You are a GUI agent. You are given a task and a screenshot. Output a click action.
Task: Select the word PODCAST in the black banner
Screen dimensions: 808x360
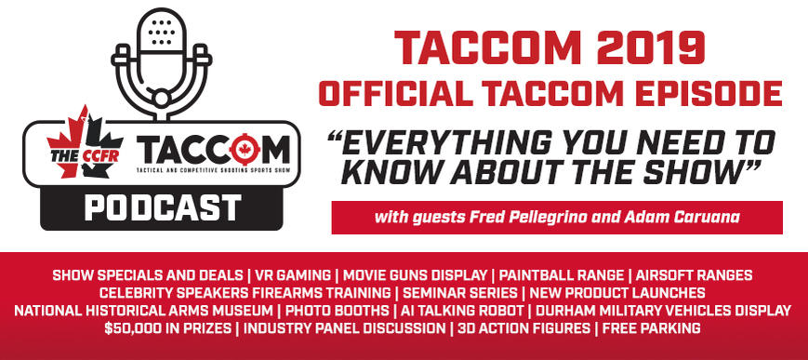click(163, 208)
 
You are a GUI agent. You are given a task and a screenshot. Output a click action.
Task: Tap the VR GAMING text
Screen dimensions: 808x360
click(293, 275)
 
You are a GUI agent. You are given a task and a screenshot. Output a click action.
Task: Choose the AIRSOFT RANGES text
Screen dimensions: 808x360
click(695, 275)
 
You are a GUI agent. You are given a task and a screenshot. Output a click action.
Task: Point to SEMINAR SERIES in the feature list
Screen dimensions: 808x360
click(460, 293)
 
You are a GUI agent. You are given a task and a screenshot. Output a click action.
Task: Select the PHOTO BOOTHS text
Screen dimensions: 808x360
click(337, 311)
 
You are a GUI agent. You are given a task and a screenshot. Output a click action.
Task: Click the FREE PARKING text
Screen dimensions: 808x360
click(652, 328)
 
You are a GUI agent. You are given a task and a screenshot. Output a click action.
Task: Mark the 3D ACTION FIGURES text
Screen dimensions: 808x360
click(524, 328)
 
